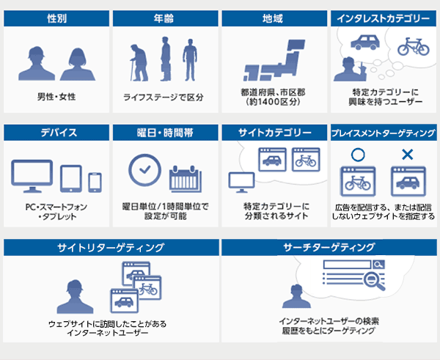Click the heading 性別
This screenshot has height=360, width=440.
(x=56, y=18)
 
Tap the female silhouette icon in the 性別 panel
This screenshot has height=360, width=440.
(x=78, y=65)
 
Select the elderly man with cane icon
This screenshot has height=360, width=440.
(x=139, y=62)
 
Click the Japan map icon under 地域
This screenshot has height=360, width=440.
(x=274, y=60)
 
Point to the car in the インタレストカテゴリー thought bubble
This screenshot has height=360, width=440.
(x=365, y=43)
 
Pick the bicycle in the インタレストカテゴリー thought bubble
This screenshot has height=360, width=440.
(x=414, y=47)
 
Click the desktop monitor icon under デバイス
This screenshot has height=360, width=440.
(x=32, y=176)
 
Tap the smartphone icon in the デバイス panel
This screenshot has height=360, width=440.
(x=95, y=183)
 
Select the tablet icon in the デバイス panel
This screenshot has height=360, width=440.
(x=71, y=179)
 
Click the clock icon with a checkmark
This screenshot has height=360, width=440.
(x=144, y=170)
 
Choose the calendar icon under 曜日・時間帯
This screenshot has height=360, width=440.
(x=186, y=179)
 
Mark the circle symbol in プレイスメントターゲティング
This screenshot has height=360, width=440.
(x=358, y=155)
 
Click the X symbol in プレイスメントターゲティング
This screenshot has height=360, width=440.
(x=408, y=155)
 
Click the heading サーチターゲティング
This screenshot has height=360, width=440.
(x=329, y=248)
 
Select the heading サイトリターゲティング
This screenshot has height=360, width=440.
(x=111, y=248)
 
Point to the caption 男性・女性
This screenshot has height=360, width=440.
(x=56, y=97)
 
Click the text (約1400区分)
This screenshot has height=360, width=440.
(x=273, y=102)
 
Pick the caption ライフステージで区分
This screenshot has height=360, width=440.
(x=164, y=98)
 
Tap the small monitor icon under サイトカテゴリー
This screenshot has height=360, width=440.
(x=241, y=183)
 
